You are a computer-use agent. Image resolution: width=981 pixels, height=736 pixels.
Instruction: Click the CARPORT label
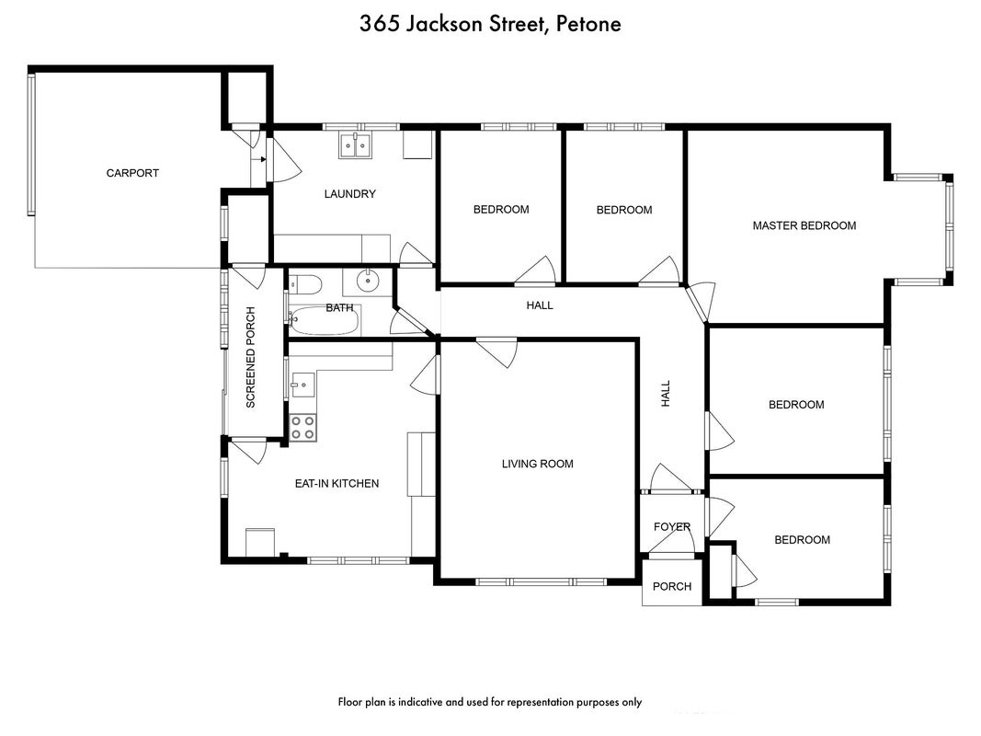tap(132, 173)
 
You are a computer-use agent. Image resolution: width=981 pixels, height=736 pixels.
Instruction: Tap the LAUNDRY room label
tap(349, 194)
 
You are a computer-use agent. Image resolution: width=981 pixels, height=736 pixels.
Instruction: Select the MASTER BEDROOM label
tap(804, 226)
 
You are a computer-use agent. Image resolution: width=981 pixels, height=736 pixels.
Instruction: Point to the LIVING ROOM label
tap(538, 464)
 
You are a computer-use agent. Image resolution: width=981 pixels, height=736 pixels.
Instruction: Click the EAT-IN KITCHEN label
tap(337, 483)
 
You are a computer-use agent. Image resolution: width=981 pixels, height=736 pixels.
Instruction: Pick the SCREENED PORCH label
tap(251, 357)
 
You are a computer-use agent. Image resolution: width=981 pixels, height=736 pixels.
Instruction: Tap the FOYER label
tap(672, 527)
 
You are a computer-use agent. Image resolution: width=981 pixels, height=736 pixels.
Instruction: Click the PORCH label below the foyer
tap(672, 586)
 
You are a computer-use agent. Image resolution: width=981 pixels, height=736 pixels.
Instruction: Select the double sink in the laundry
tap(355, 145)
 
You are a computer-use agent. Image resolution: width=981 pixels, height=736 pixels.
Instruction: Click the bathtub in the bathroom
tap(325, 320)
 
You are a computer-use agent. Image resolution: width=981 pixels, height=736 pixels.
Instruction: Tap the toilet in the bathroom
tap(305, 285)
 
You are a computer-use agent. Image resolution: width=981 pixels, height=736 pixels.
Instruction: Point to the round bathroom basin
tap(367, 281)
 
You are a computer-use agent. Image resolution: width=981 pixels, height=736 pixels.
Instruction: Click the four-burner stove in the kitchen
tap(302, 428)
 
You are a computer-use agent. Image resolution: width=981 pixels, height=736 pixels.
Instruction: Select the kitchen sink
tap(303, 385)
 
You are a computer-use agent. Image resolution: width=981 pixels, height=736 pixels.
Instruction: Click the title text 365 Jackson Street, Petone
tap(491, 25)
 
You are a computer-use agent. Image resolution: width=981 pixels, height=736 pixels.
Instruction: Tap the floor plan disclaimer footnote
tap(490, 702)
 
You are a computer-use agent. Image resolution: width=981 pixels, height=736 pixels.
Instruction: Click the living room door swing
tap(498, 351)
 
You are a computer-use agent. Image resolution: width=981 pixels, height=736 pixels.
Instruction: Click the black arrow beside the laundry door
tap(262, 159)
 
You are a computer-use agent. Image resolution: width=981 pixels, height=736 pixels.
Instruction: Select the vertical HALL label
tap(666, 394)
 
